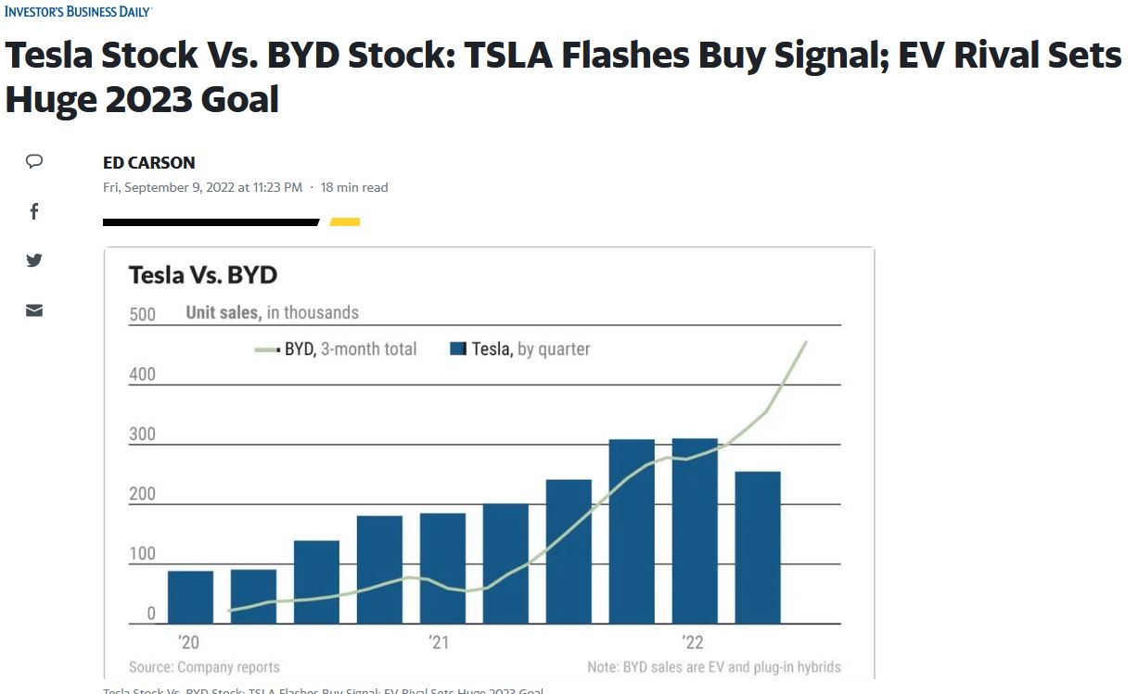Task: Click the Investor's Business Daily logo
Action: [x=78, y=11]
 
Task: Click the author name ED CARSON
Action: [x=149, y=162]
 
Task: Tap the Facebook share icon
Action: [x=34, y=211]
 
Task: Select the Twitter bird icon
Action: [x=34, y=260]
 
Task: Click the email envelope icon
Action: [x=34, y=310]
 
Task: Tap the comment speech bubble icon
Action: [x=34, y=161]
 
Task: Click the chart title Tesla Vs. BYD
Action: [x=202, y=275]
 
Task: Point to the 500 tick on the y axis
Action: [x=142, y=314]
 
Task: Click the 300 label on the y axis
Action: [x=142, y=435]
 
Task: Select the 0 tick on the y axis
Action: [x=151, y=613]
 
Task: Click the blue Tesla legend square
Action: [x=457, y=349]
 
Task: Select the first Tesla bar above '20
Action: [x=190, y=597]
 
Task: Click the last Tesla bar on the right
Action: [x=758, y=547]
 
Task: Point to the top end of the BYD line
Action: [x=806, y=342]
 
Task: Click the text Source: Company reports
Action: [x=204, y=666]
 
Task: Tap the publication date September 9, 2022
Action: [x=202, y=187]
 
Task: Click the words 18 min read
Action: [x=354, y=187]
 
